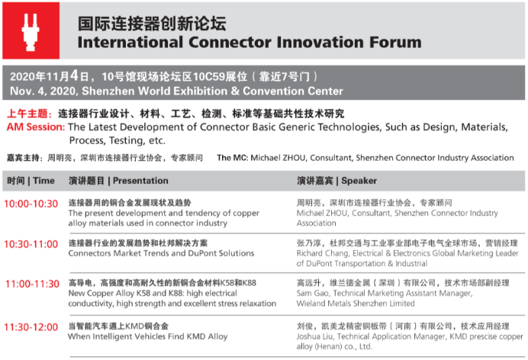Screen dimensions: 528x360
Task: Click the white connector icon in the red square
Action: pos(31,32)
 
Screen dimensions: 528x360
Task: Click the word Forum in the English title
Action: pos(395,43)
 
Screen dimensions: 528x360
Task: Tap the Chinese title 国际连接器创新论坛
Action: pos(152,24)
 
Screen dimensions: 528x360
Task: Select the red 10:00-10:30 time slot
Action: pos(31,204)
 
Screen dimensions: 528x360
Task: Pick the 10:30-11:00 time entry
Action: pos(31,244)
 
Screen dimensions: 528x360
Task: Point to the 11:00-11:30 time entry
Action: pos(32,284)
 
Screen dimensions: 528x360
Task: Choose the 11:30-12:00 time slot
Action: pos(31,326)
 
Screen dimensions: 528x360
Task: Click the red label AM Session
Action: pos(36,127)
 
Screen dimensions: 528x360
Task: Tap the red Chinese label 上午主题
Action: pos(29,114)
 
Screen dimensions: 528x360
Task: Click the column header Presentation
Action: pos(140,181)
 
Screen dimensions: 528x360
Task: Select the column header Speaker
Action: pos(359,181)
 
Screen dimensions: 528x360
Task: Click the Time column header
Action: pos(43,181)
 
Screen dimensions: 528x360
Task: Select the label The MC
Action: pos(233,158)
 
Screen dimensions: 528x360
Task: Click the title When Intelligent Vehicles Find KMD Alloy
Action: pos(148,336)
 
